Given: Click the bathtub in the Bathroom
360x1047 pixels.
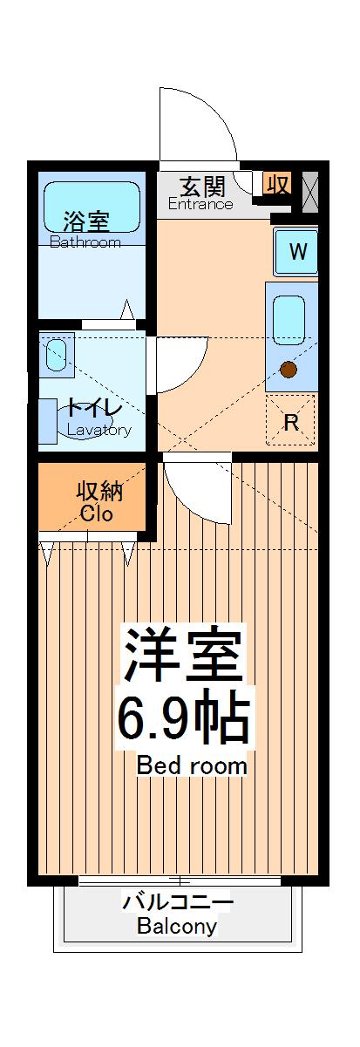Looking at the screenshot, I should coord(92,207).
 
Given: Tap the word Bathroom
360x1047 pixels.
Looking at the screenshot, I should coord(85,242).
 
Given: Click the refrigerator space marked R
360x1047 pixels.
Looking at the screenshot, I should coord(291,421).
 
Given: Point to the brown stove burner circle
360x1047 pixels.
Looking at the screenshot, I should coord(289,369).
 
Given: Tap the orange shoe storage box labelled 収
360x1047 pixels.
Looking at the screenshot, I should coord(277,184).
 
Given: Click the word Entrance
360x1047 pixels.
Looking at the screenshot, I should coord(200,206).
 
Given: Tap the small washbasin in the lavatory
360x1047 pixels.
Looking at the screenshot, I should coord(56,354).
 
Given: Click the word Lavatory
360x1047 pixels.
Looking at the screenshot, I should coord(98,430).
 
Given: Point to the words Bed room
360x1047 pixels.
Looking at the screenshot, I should coord(192,767).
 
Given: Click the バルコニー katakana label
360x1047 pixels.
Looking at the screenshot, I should coord(177,901).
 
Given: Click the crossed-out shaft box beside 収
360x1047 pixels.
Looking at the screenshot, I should coord(309,189).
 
